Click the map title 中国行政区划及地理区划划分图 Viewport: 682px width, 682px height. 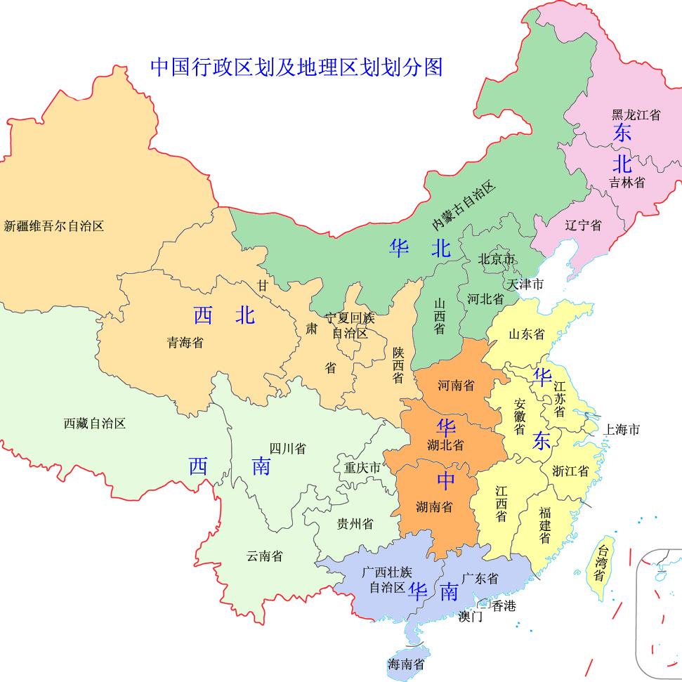coord(296,67)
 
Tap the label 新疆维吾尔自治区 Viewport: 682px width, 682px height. coord(54,226)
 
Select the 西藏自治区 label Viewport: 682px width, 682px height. coord(95,424)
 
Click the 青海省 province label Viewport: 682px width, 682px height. coord(185,343)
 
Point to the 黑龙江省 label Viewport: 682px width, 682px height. coord(636,114)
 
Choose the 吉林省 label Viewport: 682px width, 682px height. coord(627,183)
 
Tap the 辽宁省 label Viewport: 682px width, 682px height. coord(583,225)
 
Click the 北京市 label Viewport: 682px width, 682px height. coord(497,259)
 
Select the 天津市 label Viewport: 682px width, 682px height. coord(525,284)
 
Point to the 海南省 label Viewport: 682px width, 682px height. coord(406,664)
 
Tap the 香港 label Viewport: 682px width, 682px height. coord(503,605)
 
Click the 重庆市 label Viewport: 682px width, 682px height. coord(362,467)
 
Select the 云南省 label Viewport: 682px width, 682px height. coord(265,556)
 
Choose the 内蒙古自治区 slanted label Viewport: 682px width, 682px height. coord(464,206)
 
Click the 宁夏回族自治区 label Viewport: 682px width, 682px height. coord(350,325)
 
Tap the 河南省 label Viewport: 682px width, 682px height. coord(456,386)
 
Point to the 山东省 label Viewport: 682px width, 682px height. coord(527,334)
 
